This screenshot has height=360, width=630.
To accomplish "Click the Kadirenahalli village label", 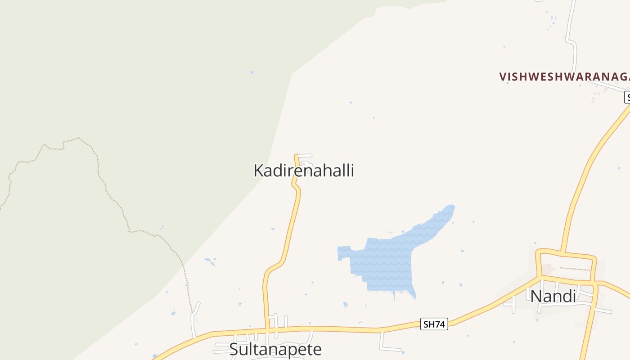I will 304,171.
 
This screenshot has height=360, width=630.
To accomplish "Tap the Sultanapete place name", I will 275,349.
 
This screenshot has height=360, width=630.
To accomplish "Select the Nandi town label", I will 553,296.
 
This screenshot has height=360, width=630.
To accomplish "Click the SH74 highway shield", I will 434,324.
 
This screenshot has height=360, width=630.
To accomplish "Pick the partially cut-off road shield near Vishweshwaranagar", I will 627,97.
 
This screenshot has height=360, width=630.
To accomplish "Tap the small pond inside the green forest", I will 252,72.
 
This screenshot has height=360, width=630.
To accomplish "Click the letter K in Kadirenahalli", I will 258,171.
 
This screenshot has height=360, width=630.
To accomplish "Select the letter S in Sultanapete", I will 234,350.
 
